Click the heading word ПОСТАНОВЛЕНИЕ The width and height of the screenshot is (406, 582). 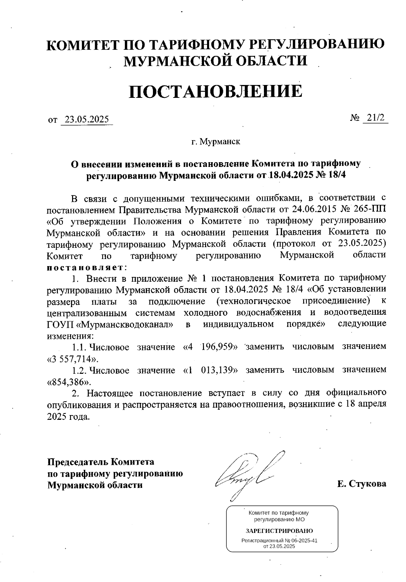215,91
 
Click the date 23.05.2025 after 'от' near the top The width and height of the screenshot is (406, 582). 87,119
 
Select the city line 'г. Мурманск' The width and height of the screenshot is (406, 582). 216,141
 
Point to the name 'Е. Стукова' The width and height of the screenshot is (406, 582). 361,483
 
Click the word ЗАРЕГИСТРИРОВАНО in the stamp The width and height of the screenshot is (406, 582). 279,531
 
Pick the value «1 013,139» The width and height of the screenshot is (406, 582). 210,370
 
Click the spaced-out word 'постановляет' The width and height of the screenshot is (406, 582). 85,267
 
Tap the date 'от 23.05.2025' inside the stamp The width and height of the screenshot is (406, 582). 279,546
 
